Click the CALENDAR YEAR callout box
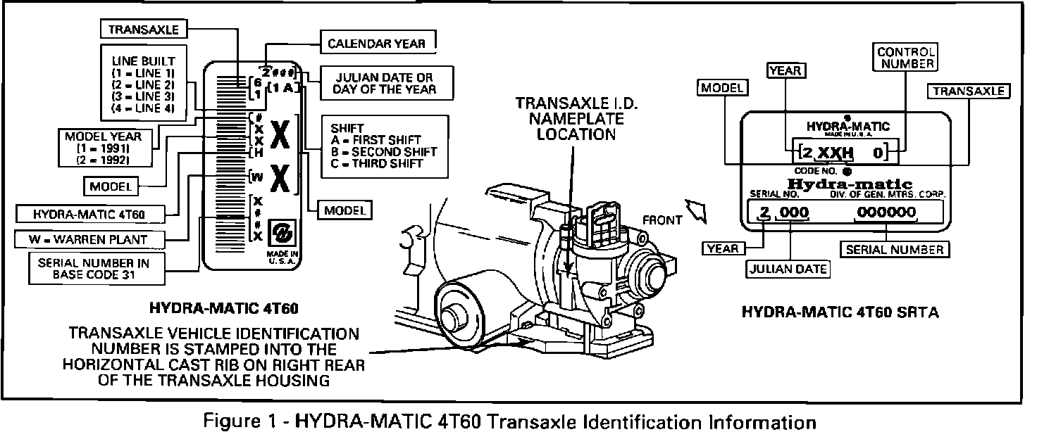(x=376, y=44)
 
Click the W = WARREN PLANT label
(x=89, y=239)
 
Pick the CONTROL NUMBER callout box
(x=905, y=58)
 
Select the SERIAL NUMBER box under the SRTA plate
(x=894, y=249)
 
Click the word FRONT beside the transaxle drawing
(x=662, y=220)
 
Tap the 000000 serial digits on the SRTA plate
(x=886, y=213)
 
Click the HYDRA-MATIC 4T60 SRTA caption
(x=840, y=312)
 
